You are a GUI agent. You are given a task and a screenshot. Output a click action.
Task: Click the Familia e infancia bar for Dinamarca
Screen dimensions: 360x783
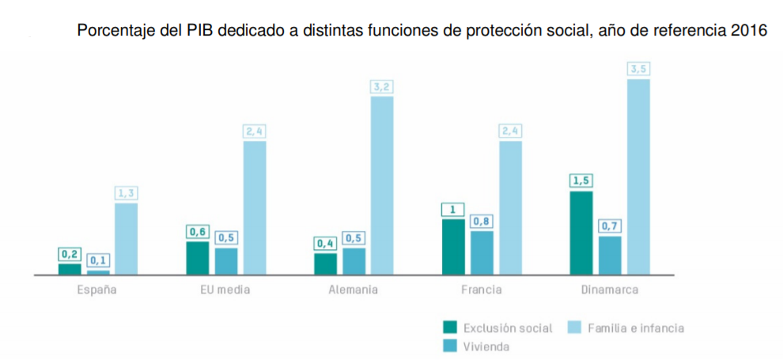click(638, 176)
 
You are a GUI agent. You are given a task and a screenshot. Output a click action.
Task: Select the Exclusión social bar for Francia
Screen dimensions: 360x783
click(453, 247)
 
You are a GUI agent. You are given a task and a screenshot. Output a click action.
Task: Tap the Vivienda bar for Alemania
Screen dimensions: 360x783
click(354, 261)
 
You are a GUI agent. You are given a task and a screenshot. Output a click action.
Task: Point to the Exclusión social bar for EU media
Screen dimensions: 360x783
click(197, 258)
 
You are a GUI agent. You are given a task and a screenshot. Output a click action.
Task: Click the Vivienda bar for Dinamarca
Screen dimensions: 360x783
click(610, 255)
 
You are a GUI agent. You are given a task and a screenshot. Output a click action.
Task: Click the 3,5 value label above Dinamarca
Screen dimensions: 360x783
click(638, 70)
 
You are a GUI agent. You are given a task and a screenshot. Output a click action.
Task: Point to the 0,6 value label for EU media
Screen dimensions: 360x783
click(197, 232)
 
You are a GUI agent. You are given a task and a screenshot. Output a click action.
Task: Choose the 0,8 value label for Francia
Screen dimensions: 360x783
click(482, 222)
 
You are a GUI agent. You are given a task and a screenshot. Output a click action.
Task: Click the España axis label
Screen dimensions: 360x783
click(97, 290)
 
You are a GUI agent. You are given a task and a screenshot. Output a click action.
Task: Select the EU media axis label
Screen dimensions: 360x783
click(225, 290)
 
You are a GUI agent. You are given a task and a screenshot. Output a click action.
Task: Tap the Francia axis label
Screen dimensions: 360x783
click(481, 290)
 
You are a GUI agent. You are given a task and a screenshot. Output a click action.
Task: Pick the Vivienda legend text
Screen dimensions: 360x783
click(486, 346)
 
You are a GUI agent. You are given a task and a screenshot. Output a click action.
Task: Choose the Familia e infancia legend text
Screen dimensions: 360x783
click(635, 328)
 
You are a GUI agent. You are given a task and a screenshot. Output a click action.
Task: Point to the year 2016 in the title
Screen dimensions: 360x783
click(750, 32)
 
